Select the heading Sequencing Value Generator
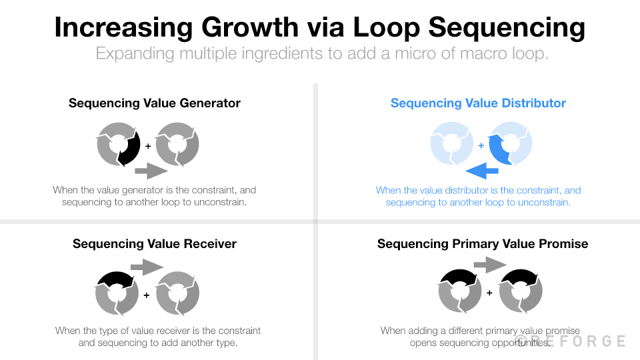(155, 103)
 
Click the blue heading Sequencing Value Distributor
(478, 103)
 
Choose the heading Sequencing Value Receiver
(155, 244)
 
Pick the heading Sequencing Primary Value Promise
(483, 244)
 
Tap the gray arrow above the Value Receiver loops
(147, 268)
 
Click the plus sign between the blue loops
(481, 145)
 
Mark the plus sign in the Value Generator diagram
(148, 145)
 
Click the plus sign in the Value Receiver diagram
(147, 294)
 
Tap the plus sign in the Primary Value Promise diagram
(489, 293)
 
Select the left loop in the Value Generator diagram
(118, 144)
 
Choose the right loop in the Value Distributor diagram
(510, 144)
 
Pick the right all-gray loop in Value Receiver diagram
(177, 293)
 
